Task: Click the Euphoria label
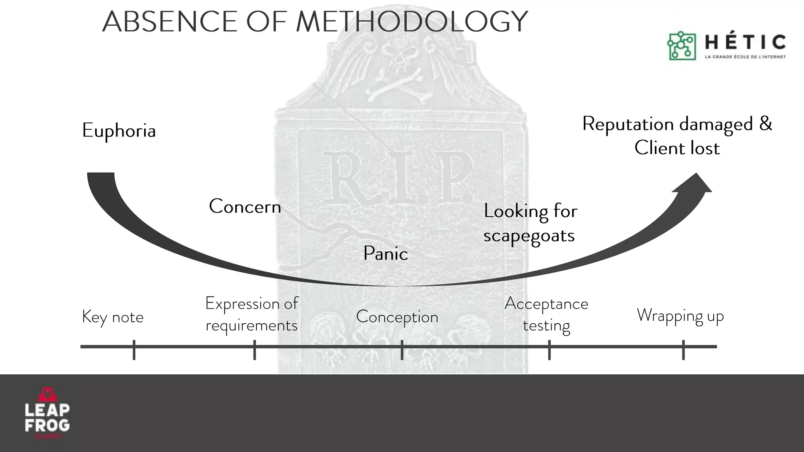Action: [119, 131]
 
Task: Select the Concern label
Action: [245, 206]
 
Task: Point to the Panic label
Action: [386, 253]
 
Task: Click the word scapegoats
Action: [529, 236]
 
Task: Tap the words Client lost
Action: [677, 148]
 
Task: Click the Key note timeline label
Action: [113, 317]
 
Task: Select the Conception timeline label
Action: [397, 317]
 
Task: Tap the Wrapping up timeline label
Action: [680, 316]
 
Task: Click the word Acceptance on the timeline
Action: [546, 304]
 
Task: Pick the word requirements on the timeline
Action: [251, 326]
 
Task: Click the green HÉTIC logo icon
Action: [681, 46]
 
